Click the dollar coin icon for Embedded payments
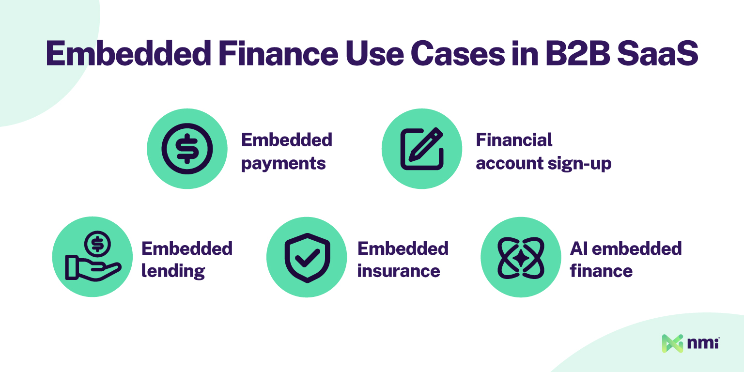[x=187, y=149]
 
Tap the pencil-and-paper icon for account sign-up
[x=422, y=149]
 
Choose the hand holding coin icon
[x=93, y=257]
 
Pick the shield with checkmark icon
[x=307, y=257]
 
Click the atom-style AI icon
[x=521, y=257]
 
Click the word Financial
[x=514, y=140]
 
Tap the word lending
[x=173, y=271]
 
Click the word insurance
[x=399, y=271]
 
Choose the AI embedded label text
[x=626, y=248]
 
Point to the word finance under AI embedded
[x=601, y=271]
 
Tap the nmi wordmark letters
[x=703, y=343]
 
